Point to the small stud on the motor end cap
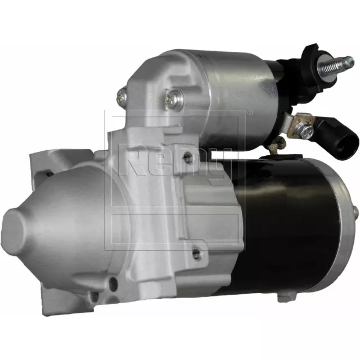(355, 212)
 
